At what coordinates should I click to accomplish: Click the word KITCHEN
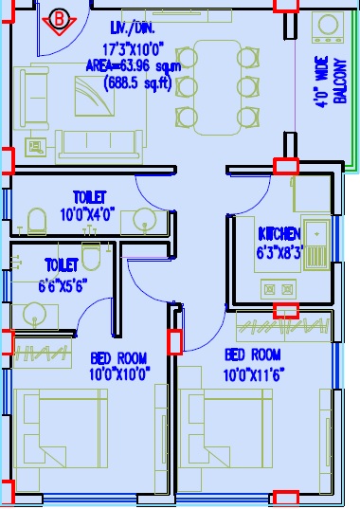(279, 233)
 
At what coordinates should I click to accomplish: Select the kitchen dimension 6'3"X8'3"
(279, 253)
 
